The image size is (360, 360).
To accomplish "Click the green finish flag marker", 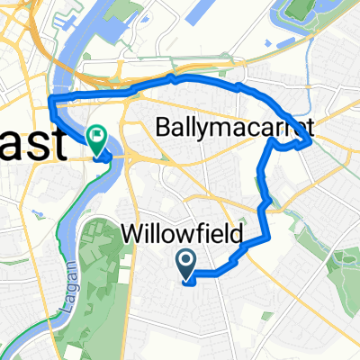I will pos(96,136).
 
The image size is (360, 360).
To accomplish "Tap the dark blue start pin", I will pos(186,263).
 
